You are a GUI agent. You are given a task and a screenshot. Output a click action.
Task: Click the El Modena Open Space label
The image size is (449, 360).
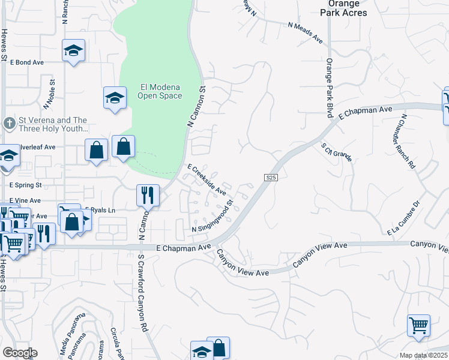(159, 91)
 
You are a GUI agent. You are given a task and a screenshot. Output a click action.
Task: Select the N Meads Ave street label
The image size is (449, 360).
(305, 32)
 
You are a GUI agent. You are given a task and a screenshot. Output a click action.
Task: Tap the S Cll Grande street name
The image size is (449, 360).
(336, 150)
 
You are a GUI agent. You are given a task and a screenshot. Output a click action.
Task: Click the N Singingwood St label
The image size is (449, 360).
(212, 220)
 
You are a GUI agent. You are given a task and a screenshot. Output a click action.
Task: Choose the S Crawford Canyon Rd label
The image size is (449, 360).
(142, 301)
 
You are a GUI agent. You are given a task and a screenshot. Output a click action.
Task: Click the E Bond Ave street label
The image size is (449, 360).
(27, 62)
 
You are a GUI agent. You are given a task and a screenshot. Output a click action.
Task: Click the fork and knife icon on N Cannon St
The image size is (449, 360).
(148, 194)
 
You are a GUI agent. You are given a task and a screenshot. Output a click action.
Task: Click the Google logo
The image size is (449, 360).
(20, 353)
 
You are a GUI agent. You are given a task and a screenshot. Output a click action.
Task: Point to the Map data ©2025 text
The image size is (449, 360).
(424, 355)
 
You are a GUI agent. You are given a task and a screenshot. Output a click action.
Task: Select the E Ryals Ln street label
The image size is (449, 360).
(101, 209)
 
